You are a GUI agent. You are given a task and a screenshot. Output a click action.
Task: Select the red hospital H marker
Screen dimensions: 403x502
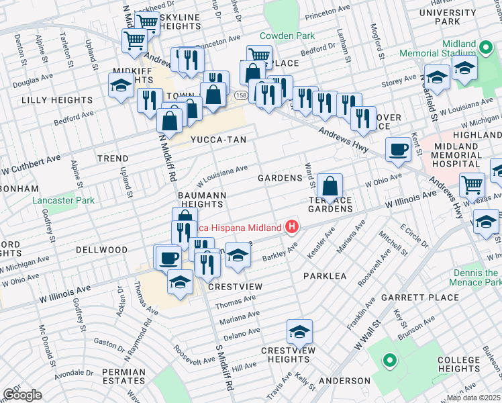pyautogui.click(x=291, y=227)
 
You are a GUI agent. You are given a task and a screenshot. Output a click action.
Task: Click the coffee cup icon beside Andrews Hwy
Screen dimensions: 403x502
pyautogui.click(x=399, y=149)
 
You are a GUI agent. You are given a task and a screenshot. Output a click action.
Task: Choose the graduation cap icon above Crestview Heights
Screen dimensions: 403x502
pyautogui.click(x=299, y=331)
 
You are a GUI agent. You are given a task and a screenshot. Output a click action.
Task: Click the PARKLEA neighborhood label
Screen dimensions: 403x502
pyautogui.click(x=325, y=276)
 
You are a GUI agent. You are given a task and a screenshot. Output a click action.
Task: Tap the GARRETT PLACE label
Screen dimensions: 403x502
pyautogui.click(x=409, y=297)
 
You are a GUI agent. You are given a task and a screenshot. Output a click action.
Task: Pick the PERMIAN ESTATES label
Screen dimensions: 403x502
pyautogui.click(x=124, y=376)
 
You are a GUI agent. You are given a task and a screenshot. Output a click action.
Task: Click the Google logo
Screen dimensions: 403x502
pyautogui.click(x=21, y=394)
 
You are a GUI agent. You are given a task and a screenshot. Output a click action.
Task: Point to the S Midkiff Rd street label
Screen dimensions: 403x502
pyautogui.click(x=222, y=369)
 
